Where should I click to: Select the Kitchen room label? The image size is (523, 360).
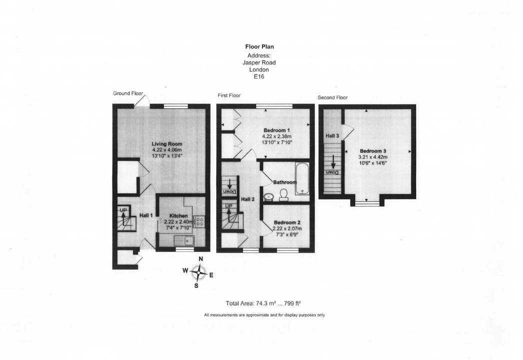pyautogui.click(x=178, y=215)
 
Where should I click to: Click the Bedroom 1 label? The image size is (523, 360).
pyautogui.click(x=276, y=130)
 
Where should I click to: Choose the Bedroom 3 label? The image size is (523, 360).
pyautogui.click(x=372, y=150)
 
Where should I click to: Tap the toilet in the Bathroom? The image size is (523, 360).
pyautogui.click(x=283, y=194)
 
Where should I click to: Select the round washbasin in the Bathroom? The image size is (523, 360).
pyautogui.click(x=269, y=196)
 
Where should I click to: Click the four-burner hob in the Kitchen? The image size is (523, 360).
pyautogui.click(x=198, y=221)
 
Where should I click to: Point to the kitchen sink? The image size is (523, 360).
pyautogui.click(x=184, y=241)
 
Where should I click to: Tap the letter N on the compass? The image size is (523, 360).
pyautogui.click(x=200, y=258)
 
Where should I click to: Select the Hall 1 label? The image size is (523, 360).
pyautogui.click(x=145, y=215)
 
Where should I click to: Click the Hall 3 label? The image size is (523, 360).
pyautogui.click(x=332, y=135)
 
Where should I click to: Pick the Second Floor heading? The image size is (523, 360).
pyautogui.click(x=332, y=97)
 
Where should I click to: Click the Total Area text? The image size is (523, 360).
pyautogui.click(x=262, y=303)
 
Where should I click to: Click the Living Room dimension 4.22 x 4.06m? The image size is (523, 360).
pyautogui.click(x=167, y=150)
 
